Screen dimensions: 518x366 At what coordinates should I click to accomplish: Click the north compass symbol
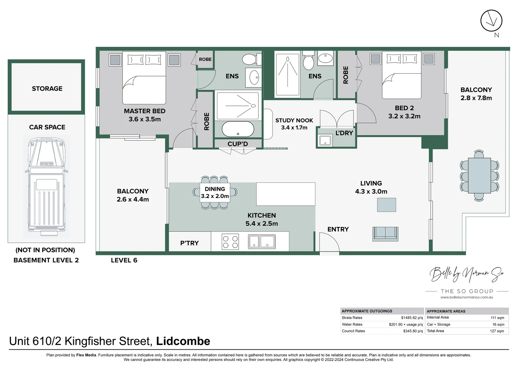coord(491,21)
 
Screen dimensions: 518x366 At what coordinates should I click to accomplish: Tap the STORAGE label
coord(47,88)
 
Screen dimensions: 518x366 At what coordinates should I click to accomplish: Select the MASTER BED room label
coord(145,111)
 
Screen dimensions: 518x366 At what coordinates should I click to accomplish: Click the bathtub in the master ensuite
coord(238,129)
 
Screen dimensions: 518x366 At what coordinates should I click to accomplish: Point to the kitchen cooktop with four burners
coord(230,242)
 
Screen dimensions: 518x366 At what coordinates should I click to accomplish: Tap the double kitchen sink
coord(262,242)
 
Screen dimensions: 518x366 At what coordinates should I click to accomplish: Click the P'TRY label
coord(190,243)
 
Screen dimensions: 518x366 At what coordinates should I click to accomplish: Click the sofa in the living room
coord(385,234)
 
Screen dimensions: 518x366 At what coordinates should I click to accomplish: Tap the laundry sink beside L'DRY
coord(325,140)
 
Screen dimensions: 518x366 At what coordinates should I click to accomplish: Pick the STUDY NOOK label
coord(294,120)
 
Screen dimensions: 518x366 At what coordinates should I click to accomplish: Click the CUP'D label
coord(238,144)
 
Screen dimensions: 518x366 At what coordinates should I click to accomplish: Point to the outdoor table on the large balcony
coord(479,176)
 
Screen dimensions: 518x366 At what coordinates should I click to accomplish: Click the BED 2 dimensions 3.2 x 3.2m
coord(404,116)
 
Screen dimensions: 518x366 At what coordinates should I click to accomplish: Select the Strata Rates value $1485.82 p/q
coord(412,318)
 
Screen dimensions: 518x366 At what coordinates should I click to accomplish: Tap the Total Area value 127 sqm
coord(497,331)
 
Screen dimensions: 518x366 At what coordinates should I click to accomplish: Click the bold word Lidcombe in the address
coord(183,341)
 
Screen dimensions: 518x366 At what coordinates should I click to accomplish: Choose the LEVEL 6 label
coord(124,260)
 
